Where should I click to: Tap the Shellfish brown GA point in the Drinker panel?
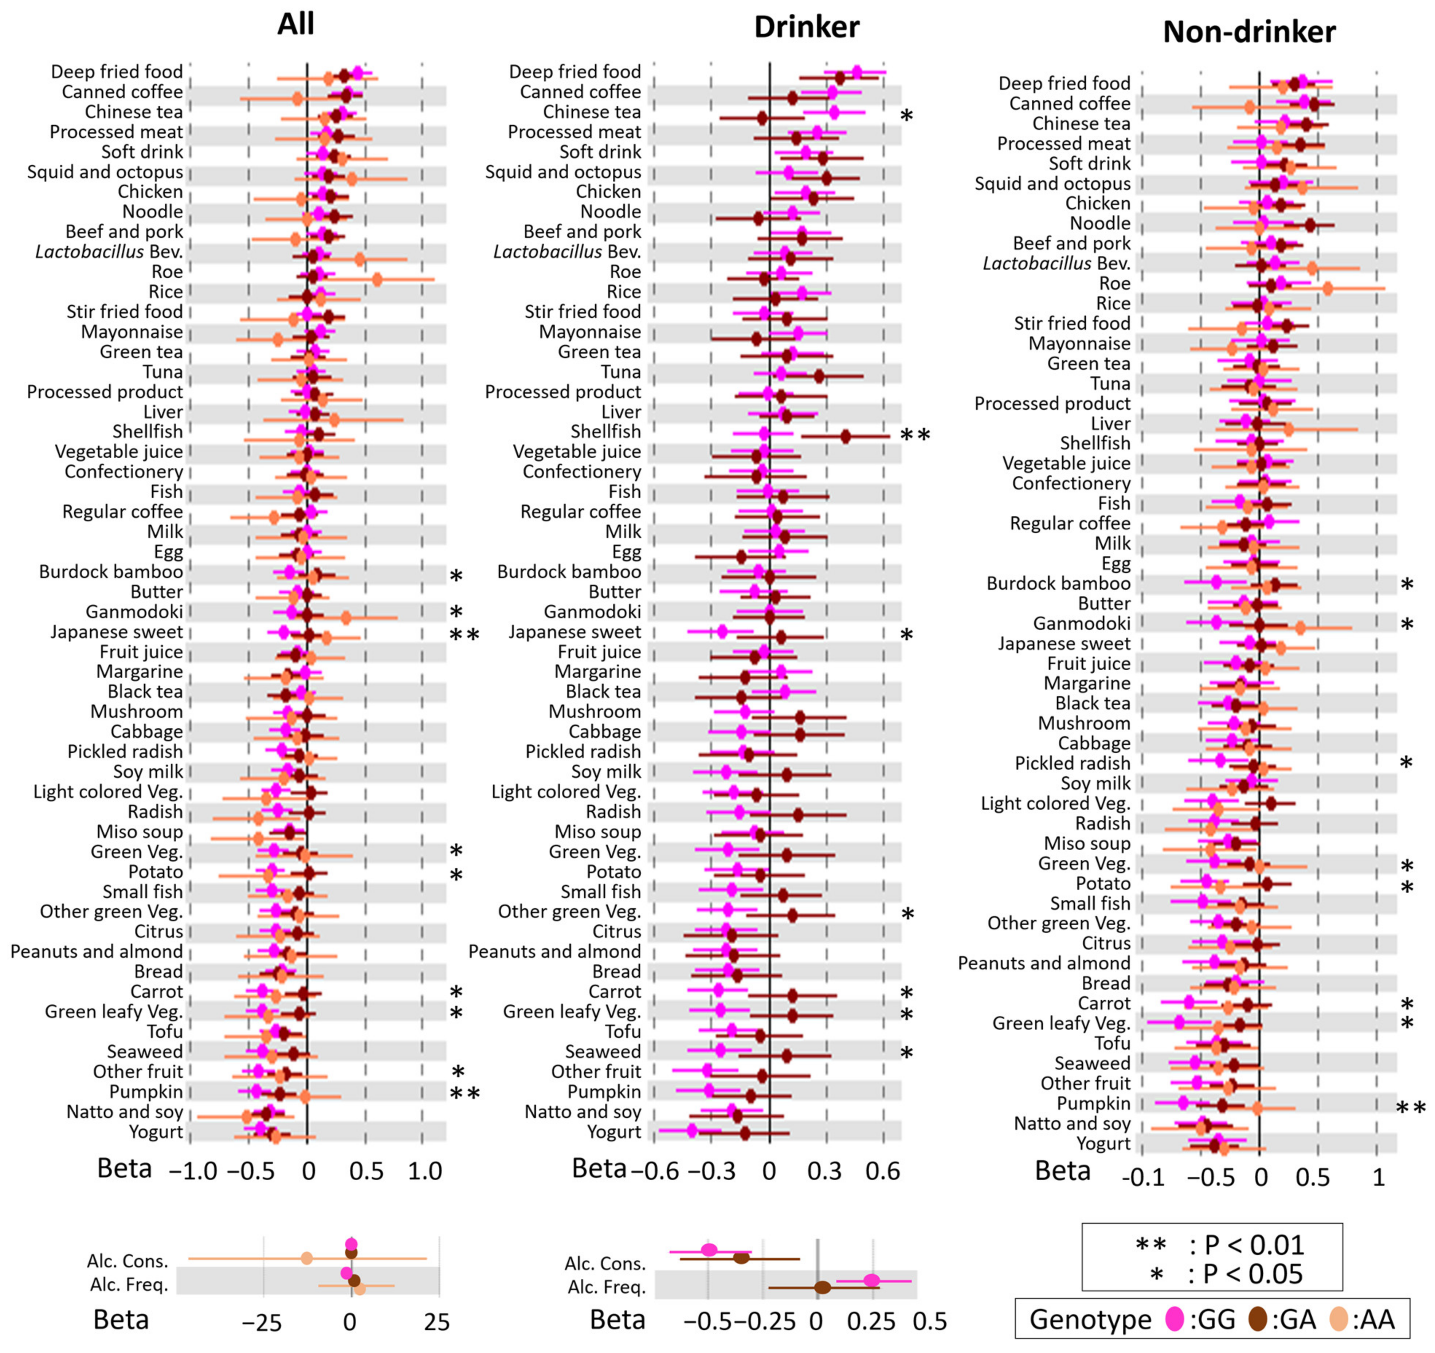coord(845,436)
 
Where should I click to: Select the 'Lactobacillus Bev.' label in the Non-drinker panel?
coord(1056,263)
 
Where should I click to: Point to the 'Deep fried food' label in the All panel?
coord(117,71)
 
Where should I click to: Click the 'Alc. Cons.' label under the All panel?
coord(128,1260)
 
